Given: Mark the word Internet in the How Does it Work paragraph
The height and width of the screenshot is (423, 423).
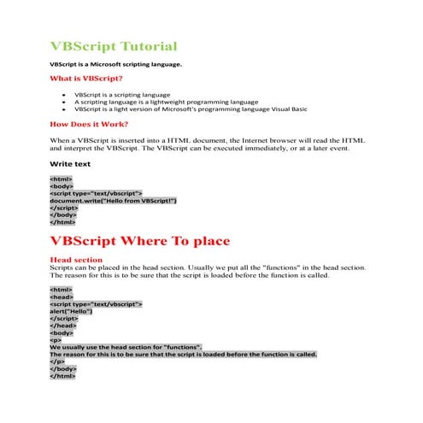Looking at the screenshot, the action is tap(268, 138).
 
